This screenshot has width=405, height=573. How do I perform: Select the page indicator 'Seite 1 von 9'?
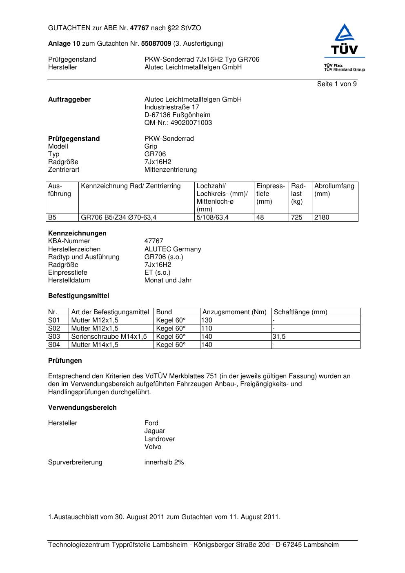click(336, 84)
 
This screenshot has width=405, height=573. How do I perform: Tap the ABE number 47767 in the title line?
click(140, 28)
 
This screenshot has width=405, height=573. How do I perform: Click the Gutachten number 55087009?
click(156, 44)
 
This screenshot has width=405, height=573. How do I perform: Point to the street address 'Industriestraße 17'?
click(171, 107)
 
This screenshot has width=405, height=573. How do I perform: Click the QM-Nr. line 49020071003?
click(178, 123)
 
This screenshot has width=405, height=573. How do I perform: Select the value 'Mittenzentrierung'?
click(170, 170)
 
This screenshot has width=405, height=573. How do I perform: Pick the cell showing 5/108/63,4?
click(213, 218)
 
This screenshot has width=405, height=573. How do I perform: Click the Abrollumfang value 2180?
click(322, 218)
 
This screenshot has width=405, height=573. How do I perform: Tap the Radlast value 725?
click(297, 218)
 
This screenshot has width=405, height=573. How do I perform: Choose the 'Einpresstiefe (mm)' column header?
click(271, 194)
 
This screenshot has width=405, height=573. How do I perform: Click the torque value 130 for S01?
click(207, 320)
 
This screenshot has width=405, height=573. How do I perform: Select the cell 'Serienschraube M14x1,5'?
click(109, 337)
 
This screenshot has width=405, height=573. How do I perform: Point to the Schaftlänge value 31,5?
click(279, 337)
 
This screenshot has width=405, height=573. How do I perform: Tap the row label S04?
click(54, 345)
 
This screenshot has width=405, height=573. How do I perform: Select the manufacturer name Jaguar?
click(155, 431)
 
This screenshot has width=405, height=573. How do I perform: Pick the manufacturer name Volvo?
click(153, 447)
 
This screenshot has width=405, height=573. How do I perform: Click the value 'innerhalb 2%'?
click(164, 462)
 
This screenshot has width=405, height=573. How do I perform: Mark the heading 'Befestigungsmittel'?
click(78, 296)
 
